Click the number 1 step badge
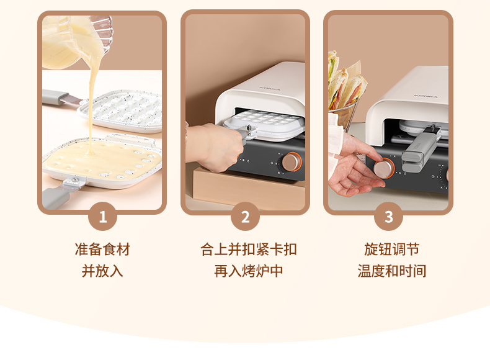point(102,217)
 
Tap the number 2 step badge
point(246,217)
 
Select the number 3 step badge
point(388,217)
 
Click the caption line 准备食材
point(102,250)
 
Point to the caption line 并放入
point(102,271)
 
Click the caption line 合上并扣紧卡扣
point(249,250)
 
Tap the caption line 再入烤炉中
point(249,271)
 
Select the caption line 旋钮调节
point(391,250)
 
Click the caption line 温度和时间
point(391,271)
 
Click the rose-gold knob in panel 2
point(292,162)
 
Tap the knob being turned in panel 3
point(383,168)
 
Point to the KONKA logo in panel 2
point(270,89)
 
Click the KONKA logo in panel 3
point(426,96)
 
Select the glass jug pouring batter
point(76,42)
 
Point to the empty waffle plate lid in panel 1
point(120,110)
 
